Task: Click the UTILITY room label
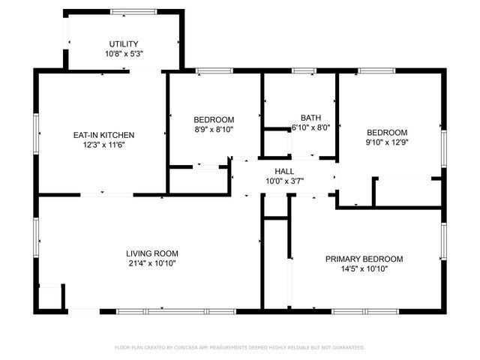pyautogui.click(x=123, y=43)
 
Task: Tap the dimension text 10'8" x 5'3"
pyautogui.click(x=123, y=54)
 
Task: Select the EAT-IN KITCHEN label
pyautogui.click(x=103, y=135)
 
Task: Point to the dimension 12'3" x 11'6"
pyautogui.click(x=103, y=145)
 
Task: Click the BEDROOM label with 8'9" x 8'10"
pyautogui.click(x=214, y=119)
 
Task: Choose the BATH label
pyautogui.click(x=310, y=118)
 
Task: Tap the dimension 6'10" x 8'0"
pyautogui.click(x=310, y=128)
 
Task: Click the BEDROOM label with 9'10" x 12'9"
pyautogui.click(x=386, y=132)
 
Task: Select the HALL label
pyautogui.click(x=284, y=172)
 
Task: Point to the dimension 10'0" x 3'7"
pyautogui.click(x=284, y=181)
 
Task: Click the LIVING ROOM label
pyautogui.click(x=151, y=253)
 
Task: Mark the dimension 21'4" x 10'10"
pyautogui.click(x=151, y=263)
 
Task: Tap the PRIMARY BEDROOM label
pyautogui.click(x=364, y=259)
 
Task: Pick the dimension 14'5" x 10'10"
pyautogui.click(x=364, y=269)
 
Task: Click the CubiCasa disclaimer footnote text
pyautogui.click(x=239, y=347)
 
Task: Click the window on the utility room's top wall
pyautogui.click(x=123, y=11)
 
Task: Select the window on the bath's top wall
pyautogui.click(x=303, y=71)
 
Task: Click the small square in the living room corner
pyautogui.click(x=50, y=297)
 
